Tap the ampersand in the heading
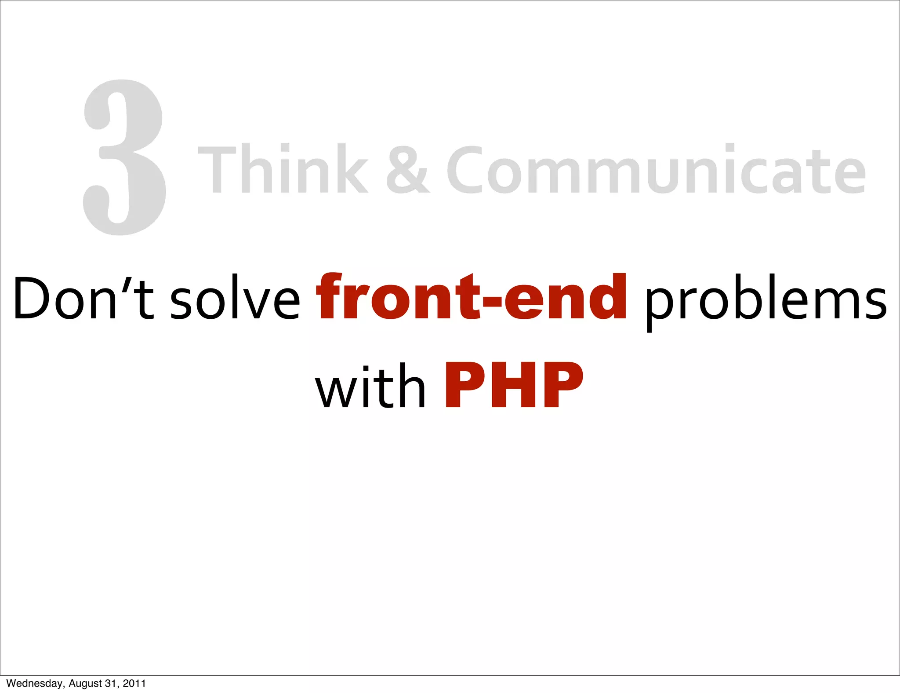coord(407,170)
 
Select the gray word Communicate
coord(656,170)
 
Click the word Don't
coord(83,298)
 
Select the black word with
coord(370,386)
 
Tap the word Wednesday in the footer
coord(35,683)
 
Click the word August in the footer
coord(85,683)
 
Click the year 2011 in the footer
coord(134,683)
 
